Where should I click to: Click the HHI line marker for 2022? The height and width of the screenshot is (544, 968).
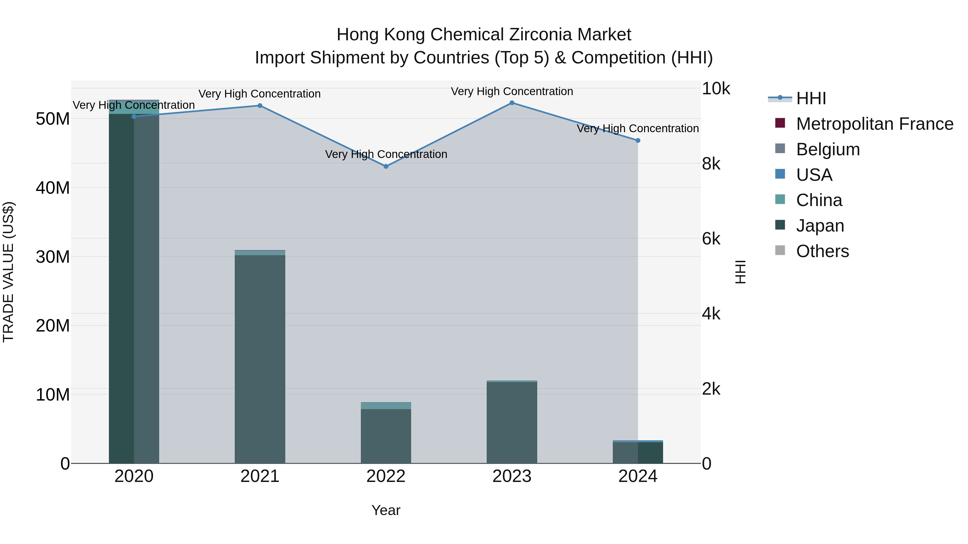(386, 166)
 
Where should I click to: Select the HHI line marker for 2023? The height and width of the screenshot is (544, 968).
(512, 103)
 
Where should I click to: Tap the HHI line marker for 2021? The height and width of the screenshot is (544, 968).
(260, 106)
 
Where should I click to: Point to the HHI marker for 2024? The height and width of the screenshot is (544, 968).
(638, 140)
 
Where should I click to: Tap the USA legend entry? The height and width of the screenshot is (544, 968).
(814, 175)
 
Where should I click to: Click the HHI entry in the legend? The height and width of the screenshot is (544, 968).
(810, 98)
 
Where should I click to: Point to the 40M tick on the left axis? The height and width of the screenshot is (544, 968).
(53, 188)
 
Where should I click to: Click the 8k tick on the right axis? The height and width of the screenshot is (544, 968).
(711, 164)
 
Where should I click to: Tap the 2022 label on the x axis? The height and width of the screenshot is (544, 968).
(386, 476)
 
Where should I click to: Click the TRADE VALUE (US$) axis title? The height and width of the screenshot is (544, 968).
(8, 272)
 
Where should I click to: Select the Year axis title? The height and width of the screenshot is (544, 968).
(386, 510)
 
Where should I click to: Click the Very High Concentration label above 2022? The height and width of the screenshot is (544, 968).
(386, 154)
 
